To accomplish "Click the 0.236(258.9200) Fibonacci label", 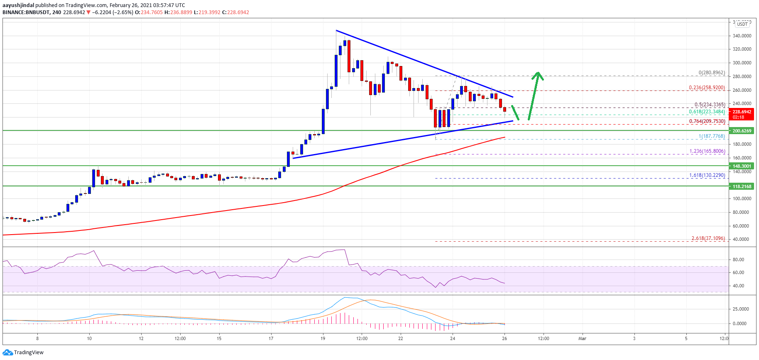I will pos(707,88).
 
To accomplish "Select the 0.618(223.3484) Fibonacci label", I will pos(707,112).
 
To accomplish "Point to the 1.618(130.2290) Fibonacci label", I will pos(707,175).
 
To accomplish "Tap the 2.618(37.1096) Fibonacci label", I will pos(708,238).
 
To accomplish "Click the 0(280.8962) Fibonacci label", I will pos(712,73).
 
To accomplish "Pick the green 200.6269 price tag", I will pos(742,131).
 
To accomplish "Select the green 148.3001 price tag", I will pos(742,166).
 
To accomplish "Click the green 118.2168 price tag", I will pos(742,186).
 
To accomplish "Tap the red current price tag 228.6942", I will pos(742,112).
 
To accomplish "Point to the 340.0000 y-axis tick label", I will pos(742,36).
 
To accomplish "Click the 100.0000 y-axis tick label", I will pos(742,198).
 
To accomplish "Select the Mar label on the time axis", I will pos(582,338).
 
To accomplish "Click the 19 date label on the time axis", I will pos(323,338).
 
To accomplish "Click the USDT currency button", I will pos(742,24).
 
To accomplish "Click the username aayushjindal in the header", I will pos(18,5).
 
